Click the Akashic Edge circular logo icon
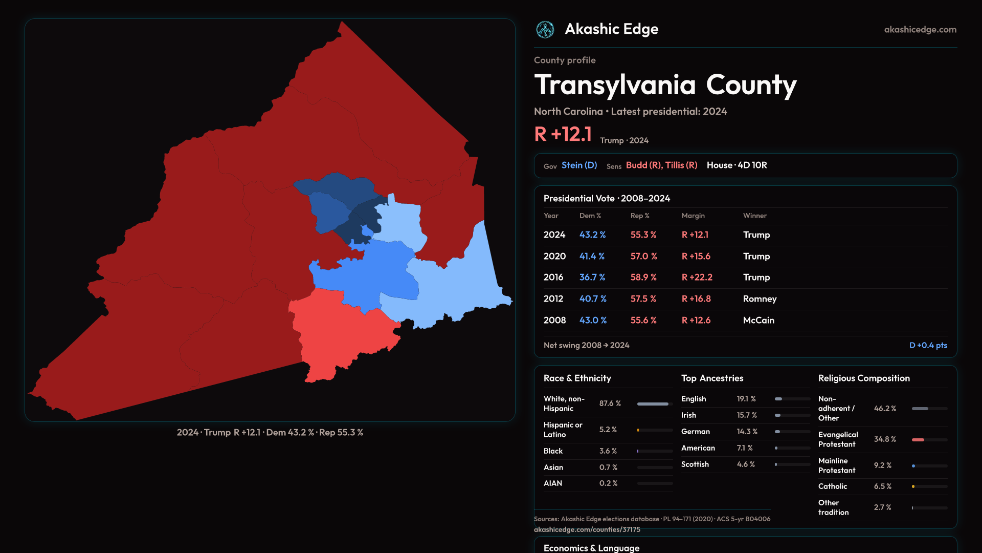pyautogui.click(x=545, y=30)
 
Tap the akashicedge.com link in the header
pyautogui.click(x=920, y=30)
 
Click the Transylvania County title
pyautogui.click(x=665, y=85)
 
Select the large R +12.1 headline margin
pyautogui.click(x=563, y=134)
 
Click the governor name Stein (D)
pyautogui.click(x=579, y=165)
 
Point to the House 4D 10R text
pyautogui.click(x=736, y=165)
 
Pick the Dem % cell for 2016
pyautogui.click(x=592, y=277)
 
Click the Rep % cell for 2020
pyautogui.click(x=643, y=256)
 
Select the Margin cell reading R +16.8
pyautogui.click(x=696, y=299)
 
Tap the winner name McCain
pyautogui.click(x=758, y=320)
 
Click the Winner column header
pyautogui.click(x=754, y=216)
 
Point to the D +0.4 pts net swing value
pyautogui.click(x=928, y=345)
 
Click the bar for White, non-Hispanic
pyautogui.click(x=653, y=404)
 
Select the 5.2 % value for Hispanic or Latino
pyautogui.click(x=608, y=430)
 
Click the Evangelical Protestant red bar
pyautogui.click(x=918, y=440)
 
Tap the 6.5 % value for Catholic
pyautogui.click(x=882, y=486)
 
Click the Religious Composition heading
pyautogui.click(x=863, y=378)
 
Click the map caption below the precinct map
pyautogui.click(x=270, y=433)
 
